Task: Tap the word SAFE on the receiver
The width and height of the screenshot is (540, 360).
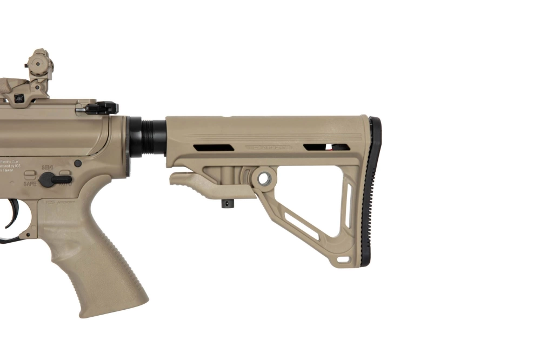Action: coord(30,184)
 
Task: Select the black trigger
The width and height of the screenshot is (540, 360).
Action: coord(12,216)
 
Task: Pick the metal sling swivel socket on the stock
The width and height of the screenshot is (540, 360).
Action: coord(264,178)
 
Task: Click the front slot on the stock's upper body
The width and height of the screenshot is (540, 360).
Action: coord(214,148)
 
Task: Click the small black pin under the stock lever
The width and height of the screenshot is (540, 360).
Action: coord(225,204)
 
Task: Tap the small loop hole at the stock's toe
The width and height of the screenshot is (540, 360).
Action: coord(344,260)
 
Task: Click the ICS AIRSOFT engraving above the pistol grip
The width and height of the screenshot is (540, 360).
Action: coord(58,202)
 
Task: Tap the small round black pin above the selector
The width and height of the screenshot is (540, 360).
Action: coord(78,163)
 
